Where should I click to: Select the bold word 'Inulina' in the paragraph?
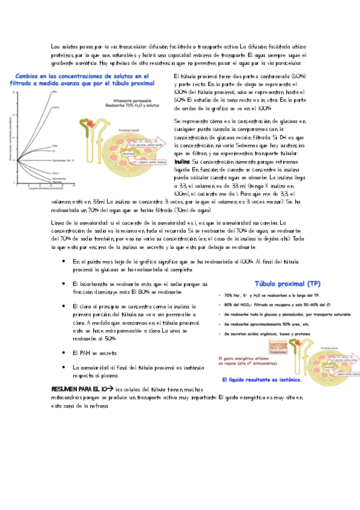[x=181, y=162]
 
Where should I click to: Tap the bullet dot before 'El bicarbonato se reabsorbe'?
[x=64, y=283]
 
